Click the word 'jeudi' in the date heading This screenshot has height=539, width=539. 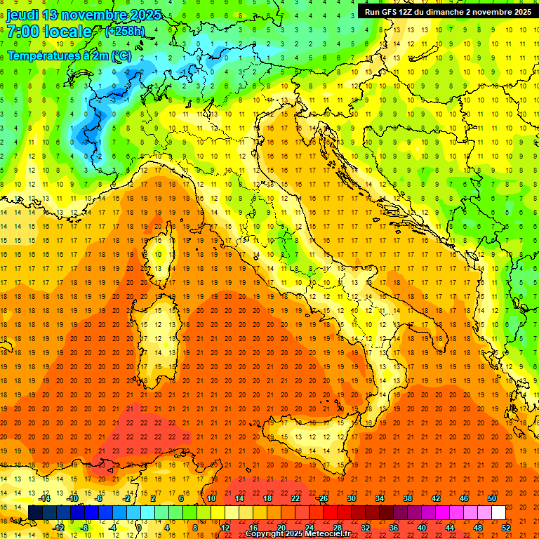pyautogui.click(x=23, y=15)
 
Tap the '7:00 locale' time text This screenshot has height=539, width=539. pyautogui.click(x=49, y=32)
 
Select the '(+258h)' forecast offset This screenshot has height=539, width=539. pyautogui.click(x=125, y=32)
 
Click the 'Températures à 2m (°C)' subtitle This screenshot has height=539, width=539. pyautogui.click(x=69, y=55)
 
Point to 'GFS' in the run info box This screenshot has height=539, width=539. pyautogui.click(x=392, y=12)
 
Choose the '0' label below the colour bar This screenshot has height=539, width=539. pyautogui.click(x=140, y=528)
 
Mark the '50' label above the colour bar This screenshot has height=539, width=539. pyautogui.click(x=491, y=498)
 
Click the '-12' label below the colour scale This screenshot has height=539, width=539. pyautogui.click(x=59, y=528)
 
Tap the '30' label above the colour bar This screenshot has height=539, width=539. pyautogui.click(x=351, y=498)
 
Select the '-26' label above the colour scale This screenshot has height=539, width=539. pyautogui.click(x=322, y=498)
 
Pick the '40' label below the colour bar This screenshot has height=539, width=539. pyautogui.click(x=421, y=528)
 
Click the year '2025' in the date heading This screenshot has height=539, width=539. pyautogui.click(x=142, y=15)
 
